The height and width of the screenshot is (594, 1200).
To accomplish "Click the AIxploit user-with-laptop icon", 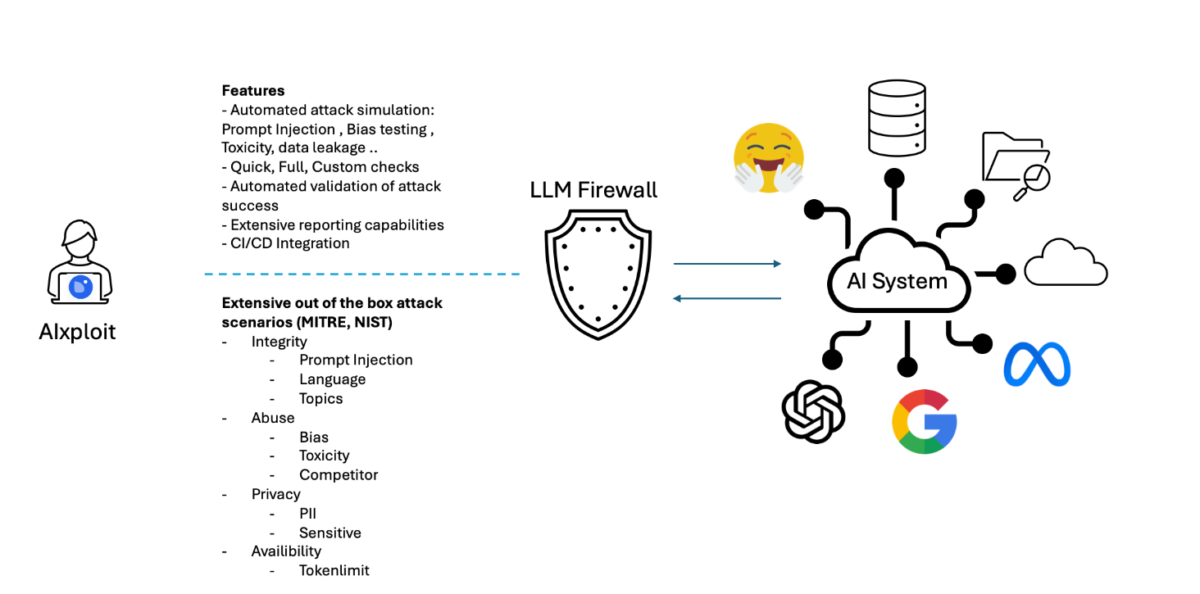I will [x=79, y=263].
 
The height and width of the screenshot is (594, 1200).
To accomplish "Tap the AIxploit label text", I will [x=78, y=332].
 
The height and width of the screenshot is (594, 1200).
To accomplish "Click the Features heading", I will [x=253, y=91].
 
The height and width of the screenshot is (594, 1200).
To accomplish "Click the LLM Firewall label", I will [x=593, y=191].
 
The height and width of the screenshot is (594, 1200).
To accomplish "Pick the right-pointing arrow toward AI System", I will [x=727, y=264].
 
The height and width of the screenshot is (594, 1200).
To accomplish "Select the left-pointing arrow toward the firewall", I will [x=727, y=298].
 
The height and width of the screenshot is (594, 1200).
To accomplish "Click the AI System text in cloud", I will [x=898, y=281].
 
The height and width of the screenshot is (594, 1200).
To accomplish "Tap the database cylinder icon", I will [x=897, y=118].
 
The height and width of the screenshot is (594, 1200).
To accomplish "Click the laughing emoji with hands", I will [x=768, y=158].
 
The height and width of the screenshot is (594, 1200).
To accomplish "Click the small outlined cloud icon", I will [x=1066, y=264].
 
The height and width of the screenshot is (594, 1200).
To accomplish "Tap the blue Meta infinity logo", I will [x=1037, y=364].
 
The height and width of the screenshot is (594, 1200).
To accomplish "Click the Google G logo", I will [x=925, y=421].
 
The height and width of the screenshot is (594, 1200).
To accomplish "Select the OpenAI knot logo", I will [x=813, y=411].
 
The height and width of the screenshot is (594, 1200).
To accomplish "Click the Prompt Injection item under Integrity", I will [x=356, y=360].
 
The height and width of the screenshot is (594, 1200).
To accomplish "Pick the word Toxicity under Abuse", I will [x=325, y=456].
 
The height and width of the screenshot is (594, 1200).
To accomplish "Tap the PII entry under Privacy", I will [x=308, y=514].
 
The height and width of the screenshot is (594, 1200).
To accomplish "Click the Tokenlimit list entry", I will [x=334, y=570].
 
